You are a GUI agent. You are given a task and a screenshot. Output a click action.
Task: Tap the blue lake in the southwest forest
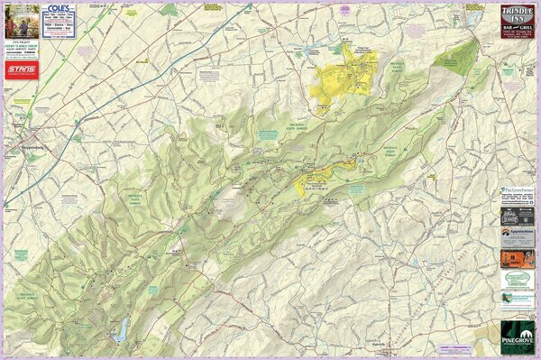[119, 332]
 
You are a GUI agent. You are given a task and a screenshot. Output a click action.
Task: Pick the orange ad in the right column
[517, 258]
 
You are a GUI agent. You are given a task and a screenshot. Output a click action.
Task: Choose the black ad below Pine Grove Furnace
[517, 215]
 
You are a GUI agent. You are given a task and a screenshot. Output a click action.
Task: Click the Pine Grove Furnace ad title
[517, 191]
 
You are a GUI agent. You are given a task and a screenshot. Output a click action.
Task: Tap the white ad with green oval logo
[517, 281]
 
